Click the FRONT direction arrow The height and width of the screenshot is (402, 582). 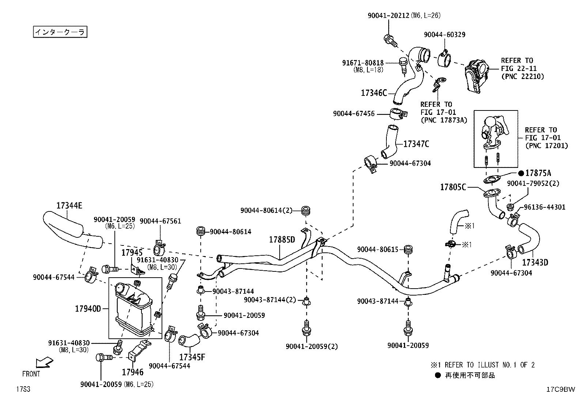point(45,362)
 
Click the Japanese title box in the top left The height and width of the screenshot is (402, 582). point(60,32)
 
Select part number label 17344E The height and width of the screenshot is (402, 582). point(69,206)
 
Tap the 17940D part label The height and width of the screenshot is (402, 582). point(88,309)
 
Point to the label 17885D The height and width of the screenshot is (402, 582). point(282,240)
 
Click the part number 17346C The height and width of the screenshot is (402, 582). point(374,93)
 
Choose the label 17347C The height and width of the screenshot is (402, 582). point(416,144)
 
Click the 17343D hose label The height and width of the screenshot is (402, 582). point(535,263)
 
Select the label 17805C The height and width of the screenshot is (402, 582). point(453,187)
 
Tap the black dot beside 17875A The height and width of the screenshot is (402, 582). point(521,173)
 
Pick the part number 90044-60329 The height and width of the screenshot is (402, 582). point(445,35)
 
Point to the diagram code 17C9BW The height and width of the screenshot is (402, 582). point(561,389)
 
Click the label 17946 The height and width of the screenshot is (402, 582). point(132,372)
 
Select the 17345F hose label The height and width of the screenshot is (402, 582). point(192,357)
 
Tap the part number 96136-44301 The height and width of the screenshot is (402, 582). point(545,207)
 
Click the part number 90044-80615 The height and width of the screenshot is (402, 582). point(378,249)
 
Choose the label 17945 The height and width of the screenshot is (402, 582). point(132,252)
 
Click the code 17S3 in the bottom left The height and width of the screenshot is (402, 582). point(23,389)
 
